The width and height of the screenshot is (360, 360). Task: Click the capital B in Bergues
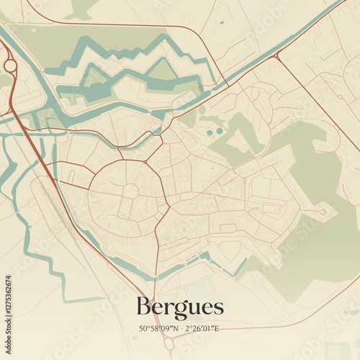click(x=143, y=307)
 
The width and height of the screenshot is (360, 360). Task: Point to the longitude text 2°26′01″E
click(x=202, y=329)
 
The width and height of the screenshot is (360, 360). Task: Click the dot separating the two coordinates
click(x=181, y=329)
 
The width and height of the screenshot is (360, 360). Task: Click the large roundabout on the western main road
click(x=10, y=66)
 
